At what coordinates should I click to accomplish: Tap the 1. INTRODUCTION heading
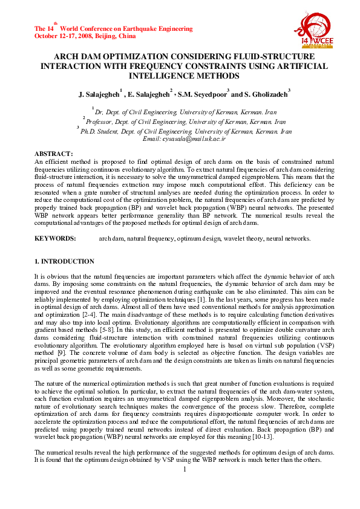[x=64, y=261]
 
